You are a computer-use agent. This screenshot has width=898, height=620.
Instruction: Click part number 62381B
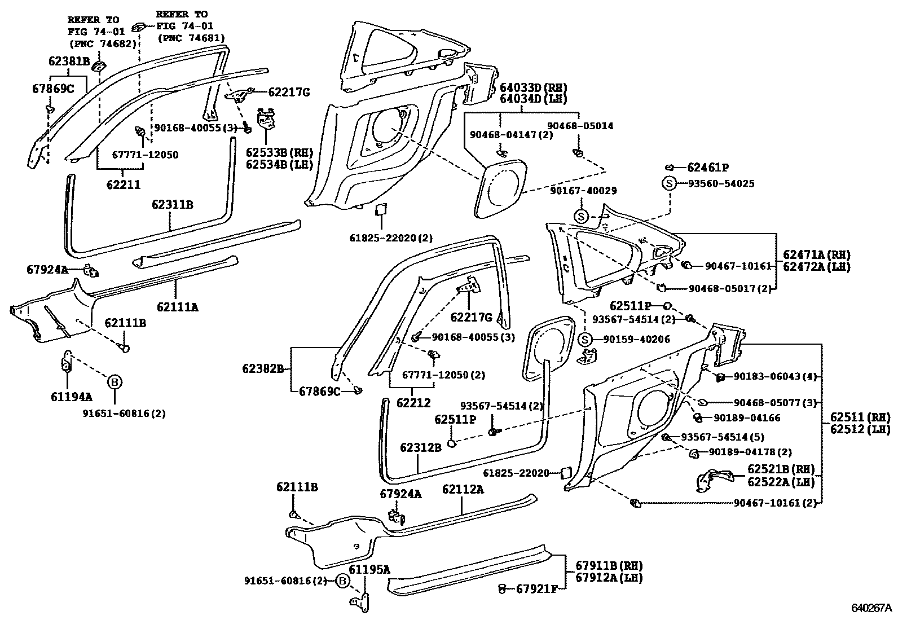tap(68, 62)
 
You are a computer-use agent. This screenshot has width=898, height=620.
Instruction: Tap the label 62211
tap(124, 184)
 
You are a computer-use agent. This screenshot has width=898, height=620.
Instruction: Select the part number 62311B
tap(172, 204)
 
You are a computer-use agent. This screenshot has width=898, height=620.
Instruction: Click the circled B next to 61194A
tap(115, 382)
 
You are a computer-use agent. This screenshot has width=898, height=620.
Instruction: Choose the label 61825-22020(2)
tap(390, 238)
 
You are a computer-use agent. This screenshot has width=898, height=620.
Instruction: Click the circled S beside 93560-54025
tap(668, 183)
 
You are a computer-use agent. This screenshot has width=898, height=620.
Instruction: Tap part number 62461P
tap(708, 168)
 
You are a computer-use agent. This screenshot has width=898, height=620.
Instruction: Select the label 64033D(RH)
tap(533, 88)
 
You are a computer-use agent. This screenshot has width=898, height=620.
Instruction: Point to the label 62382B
tap(263, 369)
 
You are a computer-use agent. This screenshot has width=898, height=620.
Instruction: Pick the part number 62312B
tap(420, 447)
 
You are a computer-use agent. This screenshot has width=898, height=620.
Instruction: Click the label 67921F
tap(536, 589)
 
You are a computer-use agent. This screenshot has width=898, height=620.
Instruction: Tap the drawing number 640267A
tap(871, 608)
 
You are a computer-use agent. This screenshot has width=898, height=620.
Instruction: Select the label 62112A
tap(463, 490)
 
